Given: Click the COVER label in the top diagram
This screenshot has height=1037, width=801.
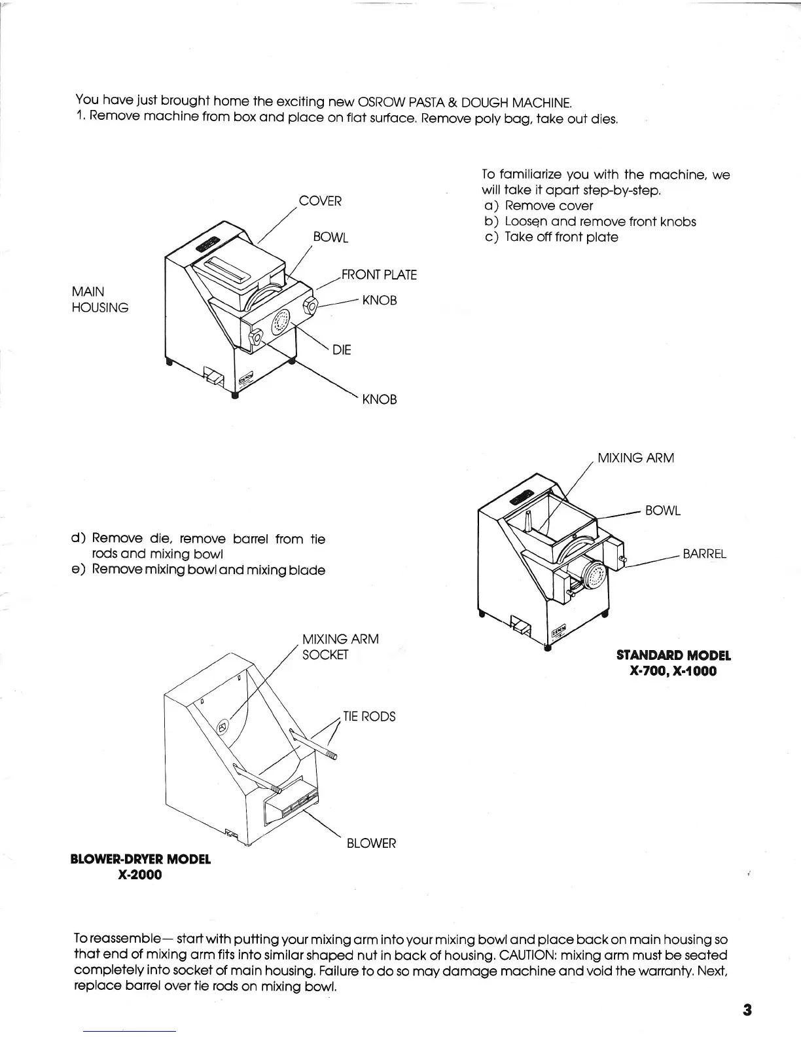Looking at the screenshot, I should coord(320,201).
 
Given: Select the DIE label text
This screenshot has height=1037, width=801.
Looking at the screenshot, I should coord(342,350).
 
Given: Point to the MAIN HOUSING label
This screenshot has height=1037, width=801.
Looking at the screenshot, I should coord(99,299).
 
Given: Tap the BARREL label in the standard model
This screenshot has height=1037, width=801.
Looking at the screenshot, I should coord(704,554).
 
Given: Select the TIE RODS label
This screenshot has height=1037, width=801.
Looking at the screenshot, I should coord(369,716).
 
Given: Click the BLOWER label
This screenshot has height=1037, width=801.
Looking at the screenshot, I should coord(371,843).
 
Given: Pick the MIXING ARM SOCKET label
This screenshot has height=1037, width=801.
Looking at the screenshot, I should coord(340,646).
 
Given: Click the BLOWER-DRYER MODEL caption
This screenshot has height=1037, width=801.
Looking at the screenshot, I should coord(140,859).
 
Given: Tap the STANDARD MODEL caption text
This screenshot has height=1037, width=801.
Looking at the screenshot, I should coord(673,655).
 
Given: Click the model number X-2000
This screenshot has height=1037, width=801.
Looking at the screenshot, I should coord(139,875).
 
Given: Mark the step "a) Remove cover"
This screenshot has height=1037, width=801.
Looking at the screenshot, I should coord(539,206).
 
